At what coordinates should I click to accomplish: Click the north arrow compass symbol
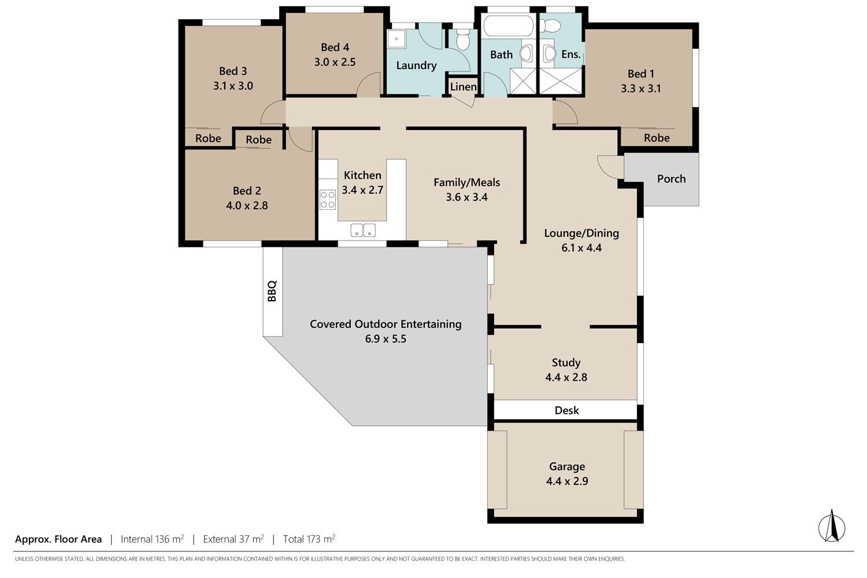pyautogui.click(x=832, y=528)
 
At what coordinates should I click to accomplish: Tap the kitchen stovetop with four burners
pyautogui.click(x=328, y=199)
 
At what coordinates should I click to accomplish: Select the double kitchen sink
pyautogui.click(x=363, y=231)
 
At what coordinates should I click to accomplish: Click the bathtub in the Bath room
pyautogui.click(x=508, y=26)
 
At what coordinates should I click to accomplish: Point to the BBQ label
pyautogui.click(x=272, y=291)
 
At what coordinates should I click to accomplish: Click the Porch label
pyautogui.click(x=671, y=179)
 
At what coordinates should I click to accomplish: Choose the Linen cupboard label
pyautogui.click(x=463, y=87)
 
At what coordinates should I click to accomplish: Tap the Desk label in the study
pyautogui.click(x=566, y=410)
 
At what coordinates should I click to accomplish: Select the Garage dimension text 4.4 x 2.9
pyautogui.click(x=567, y=481)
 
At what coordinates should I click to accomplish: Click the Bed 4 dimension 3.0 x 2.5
pyautogui.click(x=335, y=62)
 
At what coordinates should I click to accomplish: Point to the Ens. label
pyautogui.click(x=571, y=54)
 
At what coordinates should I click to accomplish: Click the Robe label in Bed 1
pyautogui.click(x=657, y=138)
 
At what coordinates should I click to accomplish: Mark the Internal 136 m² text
pyautogui.click(x=152, y=539)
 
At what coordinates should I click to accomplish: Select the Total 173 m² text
pyautogui.click(x=309, y=539)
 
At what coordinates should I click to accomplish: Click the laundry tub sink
pyautogui.click(x=397, y=39)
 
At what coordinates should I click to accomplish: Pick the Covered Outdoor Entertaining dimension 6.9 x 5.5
pyautogui.click(x=386, y=339)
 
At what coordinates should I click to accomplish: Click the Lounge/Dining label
pyautogui.click(x=581, y=233)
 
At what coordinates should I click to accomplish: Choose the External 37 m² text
pyautogui.click(x=234, y=539)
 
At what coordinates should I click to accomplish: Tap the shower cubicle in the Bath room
pyautogui.click(x=523, y=81)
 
